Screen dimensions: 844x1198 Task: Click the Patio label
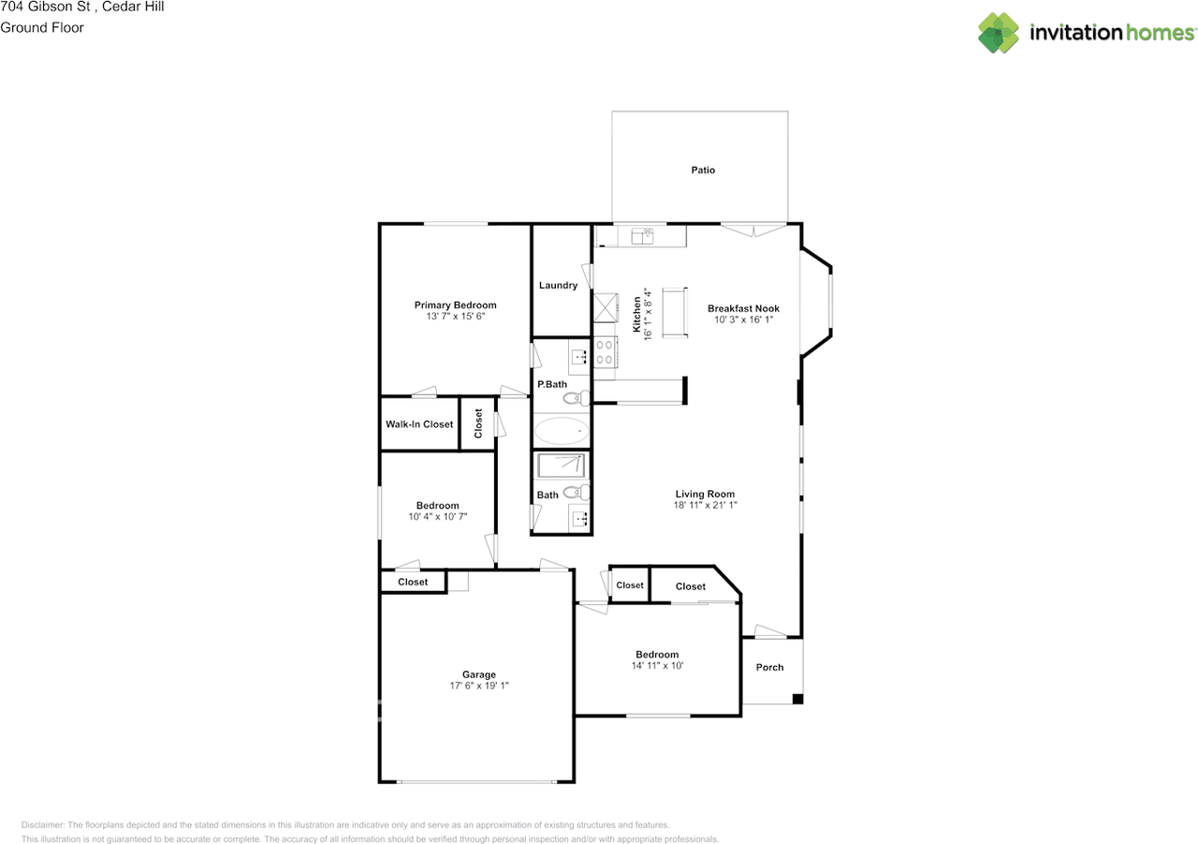click(703, 170)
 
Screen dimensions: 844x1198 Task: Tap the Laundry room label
click(558, 286)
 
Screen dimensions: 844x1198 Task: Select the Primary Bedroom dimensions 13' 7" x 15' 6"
click(455, 317)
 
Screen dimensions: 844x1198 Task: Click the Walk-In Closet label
click(419, 424)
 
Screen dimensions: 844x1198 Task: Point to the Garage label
click(478, 674)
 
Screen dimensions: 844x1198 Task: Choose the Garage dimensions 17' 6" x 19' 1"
click(478, 686)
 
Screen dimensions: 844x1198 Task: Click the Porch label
click(769, 667)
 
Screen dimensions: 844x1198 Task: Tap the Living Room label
click(705, 494)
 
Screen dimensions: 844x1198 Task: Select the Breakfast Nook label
click(743, 308)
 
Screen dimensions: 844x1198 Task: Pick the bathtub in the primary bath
click(562, 432)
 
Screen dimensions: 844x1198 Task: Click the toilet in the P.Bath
click(577, 399)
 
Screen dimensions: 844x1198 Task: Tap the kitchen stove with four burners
click(604, 352)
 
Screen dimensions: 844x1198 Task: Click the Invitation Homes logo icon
click(999, 33)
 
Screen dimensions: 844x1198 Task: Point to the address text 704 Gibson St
click(44, 7)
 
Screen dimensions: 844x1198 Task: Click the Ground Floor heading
click(42, 27)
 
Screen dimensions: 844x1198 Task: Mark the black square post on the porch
click(797, 699)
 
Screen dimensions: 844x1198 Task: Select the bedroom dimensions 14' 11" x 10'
click(657, 666)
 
